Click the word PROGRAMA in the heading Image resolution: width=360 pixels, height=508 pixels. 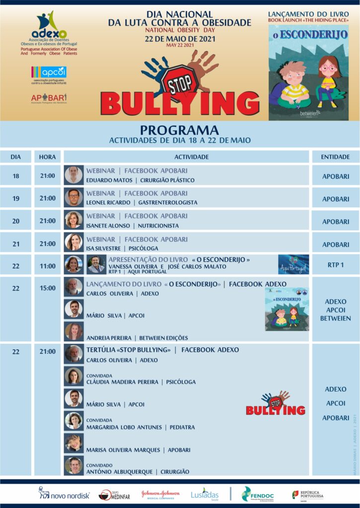[x=179, y=130]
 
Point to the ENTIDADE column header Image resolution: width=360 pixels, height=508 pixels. [x=335, y=157]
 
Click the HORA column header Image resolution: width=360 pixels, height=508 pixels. [x=48, y=157]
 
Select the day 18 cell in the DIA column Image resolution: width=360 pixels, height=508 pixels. [x=16, y=176]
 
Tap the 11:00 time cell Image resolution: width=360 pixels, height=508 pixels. [x=48, y=266]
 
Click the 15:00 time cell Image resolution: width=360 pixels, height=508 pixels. [x=48, y=288]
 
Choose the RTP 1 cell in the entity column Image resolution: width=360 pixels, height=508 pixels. [x=335, y=265]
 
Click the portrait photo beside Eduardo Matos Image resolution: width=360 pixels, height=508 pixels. [x=73, y=175]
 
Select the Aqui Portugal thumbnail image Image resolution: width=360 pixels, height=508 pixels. [x=293, y=265]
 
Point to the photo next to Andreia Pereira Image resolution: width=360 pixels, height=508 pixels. [x=73, y=331]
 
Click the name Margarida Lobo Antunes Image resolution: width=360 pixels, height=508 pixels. [x=126, y=427]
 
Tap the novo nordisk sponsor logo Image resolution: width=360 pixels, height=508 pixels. [x=64, y=493]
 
